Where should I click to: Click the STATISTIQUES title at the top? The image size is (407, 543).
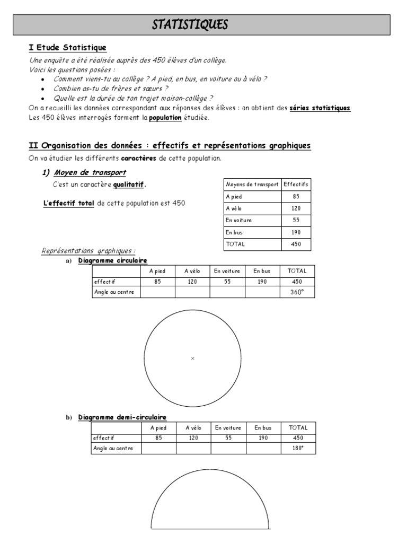click(190, 24)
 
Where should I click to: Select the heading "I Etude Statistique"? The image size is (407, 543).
click(67, 48)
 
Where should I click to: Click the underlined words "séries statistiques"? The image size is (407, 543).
click(320, 108)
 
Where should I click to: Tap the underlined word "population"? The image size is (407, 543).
click(165, 118)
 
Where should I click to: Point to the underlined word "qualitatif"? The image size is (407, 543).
click(129, 185)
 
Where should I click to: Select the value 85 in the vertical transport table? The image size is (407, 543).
click(296, 196)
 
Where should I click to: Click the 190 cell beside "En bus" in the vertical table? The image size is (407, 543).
click(296, 232)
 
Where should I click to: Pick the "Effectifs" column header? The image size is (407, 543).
click(296, 184)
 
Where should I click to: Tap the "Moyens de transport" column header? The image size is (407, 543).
click(252, 184)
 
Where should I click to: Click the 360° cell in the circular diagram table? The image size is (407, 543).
click(297, 292)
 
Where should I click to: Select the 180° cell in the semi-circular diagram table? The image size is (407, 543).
click(298, 449)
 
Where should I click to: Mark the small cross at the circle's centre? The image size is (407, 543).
click(192, 359)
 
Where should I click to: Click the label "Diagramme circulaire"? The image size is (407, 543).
click(112, 260)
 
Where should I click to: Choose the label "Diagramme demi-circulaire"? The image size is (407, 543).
click(122, 417)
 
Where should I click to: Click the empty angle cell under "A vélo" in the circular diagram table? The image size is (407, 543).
click(192, 292)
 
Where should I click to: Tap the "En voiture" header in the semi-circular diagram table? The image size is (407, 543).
click(228, 428)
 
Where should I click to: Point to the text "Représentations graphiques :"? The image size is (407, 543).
click(89, 251)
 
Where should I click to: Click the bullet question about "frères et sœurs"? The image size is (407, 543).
click(111, 89)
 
